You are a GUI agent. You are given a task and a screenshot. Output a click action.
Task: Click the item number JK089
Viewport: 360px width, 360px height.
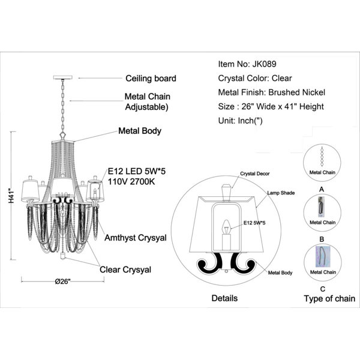264,64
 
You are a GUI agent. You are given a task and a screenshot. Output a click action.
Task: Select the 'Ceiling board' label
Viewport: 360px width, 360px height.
151,78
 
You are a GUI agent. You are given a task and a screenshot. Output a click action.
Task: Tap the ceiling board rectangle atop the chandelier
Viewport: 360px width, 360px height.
62,77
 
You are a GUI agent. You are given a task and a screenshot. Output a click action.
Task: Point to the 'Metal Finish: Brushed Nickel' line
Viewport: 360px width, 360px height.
272,92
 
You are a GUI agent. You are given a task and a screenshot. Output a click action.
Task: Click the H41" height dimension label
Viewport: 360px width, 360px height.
11,196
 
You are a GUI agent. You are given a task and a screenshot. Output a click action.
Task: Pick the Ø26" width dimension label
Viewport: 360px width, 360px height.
62,281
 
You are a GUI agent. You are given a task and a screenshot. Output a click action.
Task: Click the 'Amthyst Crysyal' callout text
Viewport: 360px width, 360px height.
136,238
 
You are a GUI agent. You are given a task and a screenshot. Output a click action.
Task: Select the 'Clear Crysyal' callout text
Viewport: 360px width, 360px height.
125,270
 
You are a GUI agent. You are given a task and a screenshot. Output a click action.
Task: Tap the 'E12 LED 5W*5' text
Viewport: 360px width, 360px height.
137,171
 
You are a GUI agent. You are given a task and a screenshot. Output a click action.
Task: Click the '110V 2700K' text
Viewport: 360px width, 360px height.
131,182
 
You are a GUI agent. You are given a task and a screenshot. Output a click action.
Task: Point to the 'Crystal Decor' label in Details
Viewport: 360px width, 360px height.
255,174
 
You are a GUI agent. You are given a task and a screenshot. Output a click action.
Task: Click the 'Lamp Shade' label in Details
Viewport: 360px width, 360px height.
281,193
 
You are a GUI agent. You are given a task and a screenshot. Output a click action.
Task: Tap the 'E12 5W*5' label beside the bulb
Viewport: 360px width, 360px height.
254,223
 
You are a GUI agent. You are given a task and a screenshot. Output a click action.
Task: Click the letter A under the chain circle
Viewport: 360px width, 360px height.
322,190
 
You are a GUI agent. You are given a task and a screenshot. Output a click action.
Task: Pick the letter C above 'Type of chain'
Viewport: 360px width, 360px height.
323,289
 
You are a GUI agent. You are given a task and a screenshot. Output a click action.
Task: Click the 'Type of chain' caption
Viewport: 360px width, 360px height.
329,299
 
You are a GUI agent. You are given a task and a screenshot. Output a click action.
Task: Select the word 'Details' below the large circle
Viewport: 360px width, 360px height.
224,298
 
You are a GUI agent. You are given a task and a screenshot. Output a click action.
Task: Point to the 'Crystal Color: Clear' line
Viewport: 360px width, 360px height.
255,78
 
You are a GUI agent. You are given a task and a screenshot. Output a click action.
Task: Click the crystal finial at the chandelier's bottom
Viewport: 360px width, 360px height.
62,256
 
